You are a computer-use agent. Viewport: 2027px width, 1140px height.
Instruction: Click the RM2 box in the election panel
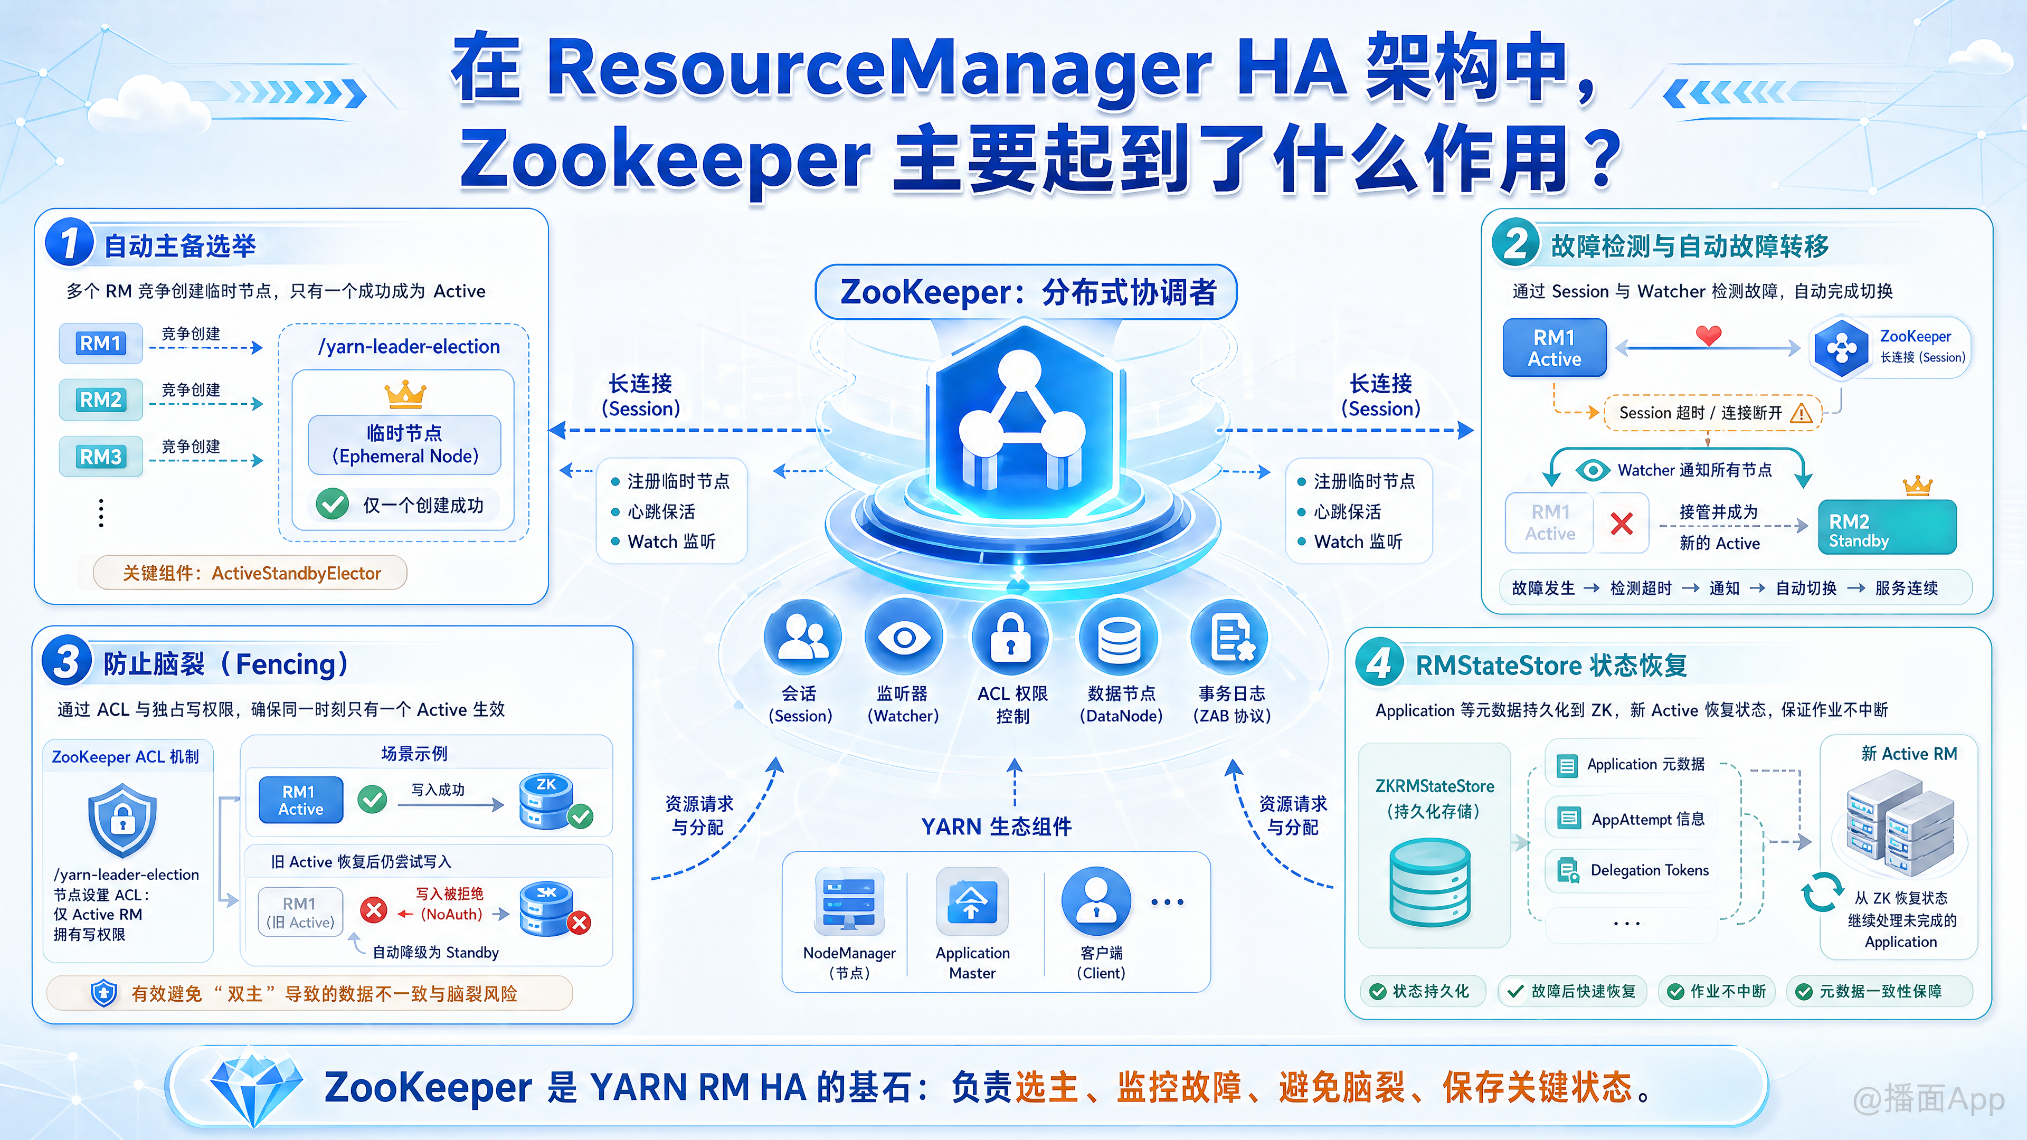(x=101, y=400)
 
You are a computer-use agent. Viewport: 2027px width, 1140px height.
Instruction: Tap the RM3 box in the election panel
(x=101, y=457)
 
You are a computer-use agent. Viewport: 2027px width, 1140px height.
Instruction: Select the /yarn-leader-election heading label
(x=409, y=346)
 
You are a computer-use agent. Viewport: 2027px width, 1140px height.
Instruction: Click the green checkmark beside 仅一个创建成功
(x=332, y=503)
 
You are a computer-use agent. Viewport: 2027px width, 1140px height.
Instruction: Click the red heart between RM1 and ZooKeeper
(x=1708, y=335)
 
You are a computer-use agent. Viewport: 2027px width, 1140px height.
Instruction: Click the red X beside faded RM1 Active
(x=1621, y=523)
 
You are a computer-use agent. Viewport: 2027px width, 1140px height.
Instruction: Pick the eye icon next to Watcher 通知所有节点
(x=1593, y=470)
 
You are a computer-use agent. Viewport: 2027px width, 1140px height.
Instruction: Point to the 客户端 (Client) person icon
(x=1096, y=901)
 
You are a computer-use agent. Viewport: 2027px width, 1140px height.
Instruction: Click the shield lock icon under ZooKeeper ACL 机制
(x=122, y=820)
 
